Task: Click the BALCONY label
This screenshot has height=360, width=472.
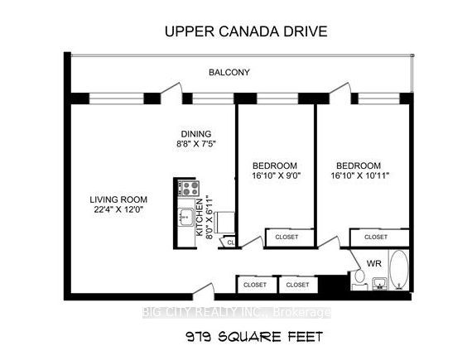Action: tap(229, 73)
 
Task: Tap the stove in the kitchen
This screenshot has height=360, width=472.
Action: tap(189, 188)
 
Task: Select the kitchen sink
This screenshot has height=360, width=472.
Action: tap(185, 217)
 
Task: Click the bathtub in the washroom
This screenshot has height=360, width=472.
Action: tap(399, 270)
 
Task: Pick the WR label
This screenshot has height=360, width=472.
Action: tap(373, 263)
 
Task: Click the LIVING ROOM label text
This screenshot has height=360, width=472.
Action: tap(118, 199)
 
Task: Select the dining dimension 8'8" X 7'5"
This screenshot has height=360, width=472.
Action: tap(196, 144)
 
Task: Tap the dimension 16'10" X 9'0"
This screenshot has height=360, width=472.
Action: tap(277, 175)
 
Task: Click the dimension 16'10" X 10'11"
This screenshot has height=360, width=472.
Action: tap(360, 175)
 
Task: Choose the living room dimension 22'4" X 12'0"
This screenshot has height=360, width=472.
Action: tap(118, 209)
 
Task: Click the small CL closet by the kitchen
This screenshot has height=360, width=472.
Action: tap(230, 242)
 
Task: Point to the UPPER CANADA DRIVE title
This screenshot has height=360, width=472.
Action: tap(246, 31)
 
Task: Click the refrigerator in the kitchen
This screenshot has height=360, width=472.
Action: tap(225, 223)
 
